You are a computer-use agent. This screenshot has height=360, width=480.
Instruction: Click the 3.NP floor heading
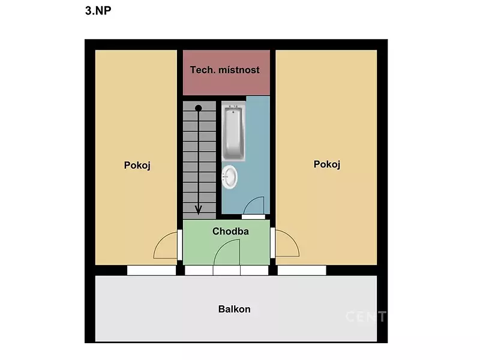[x=98, y=11]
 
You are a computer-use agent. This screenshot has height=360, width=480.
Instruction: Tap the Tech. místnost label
[x=224, y=70]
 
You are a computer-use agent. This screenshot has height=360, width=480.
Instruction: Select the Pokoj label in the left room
[x=137, y=166]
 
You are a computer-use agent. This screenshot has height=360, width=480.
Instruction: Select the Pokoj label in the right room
[x=327, y=164]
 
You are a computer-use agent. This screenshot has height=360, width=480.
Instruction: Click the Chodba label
[x=230, y=231]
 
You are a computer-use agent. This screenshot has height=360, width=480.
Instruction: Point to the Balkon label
[x=234, y=309]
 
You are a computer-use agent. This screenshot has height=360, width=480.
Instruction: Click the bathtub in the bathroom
[x=233, y=133]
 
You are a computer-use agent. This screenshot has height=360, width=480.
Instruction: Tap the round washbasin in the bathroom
[x=230, y=176]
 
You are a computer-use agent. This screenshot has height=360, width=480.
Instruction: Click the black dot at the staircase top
[x=199, y=108]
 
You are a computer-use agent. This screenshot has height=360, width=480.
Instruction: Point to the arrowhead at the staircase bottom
[x=199, y=211]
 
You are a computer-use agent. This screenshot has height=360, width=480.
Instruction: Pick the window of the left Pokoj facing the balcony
[x=152, y=271]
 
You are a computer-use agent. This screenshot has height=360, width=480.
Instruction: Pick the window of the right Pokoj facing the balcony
[x=302, y=271]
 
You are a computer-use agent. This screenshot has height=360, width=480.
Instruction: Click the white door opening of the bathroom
[x=253, y=217]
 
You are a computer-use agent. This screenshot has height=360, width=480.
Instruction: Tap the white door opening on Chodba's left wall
[x=180, y=245]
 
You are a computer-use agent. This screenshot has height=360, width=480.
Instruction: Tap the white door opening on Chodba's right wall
[x=273, y=243]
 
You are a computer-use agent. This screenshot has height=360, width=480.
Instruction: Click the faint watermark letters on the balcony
[x=366, y=317]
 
